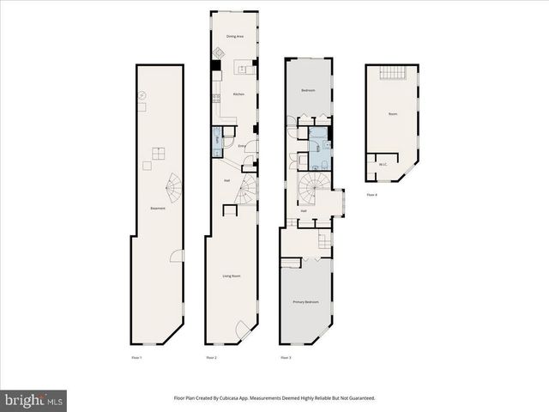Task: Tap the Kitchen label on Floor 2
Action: tap(239, 94)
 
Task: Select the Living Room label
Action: tap(232, 276)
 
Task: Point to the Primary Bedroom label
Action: tap(306, 301)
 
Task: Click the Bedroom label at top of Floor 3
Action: tap(308, 90)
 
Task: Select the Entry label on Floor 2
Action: tap(242, 146)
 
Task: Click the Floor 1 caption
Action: tap(136, 357)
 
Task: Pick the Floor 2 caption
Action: tap(211, 357)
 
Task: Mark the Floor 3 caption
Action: tap(286, 357)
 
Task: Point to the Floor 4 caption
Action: tap(371, 195)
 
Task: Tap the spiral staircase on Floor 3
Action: tap(310, 186)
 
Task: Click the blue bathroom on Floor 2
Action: tap(218, 140)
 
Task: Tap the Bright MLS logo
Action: tap(34, 400)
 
